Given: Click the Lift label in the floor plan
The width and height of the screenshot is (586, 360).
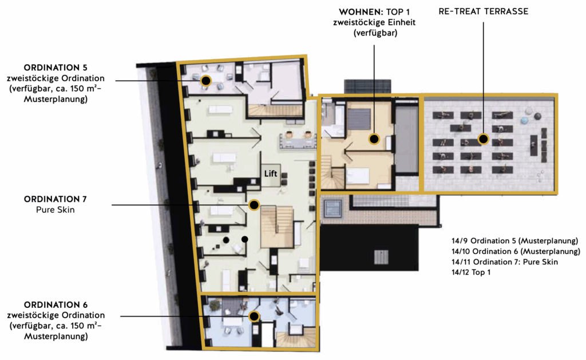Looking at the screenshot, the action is (271, 174).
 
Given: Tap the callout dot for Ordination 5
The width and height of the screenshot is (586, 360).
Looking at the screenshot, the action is (205, 80).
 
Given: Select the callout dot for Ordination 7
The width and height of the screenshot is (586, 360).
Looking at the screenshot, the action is (254, 205).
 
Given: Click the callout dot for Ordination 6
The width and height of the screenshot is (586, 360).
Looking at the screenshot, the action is (254, 317).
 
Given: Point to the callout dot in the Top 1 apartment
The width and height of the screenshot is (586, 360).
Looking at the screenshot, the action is (374, 139).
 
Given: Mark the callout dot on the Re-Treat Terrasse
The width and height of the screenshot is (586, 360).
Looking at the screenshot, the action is (483, 139).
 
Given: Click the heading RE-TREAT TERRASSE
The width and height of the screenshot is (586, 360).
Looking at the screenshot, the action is (484, 11).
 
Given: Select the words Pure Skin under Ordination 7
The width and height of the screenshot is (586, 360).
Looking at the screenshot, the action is (56, 209).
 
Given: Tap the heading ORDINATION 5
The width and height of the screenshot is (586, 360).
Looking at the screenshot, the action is (56, 68).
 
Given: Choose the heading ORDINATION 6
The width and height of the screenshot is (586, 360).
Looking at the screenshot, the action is (56, 304).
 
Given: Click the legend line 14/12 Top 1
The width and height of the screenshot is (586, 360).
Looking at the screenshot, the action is (471, 272).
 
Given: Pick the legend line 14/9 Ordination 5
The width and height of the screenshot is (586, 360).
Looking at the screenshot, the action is (514, 241).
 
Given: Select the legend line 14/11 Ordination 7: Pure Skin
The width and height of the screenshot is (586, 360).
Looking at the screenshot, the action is (505, 262).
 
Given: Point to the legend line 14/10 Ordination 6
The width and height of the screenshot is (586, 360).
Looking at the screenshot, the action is (516, 251).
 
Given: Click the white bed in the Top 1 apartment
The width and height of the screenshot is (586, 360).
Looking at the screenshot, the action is (358, 176).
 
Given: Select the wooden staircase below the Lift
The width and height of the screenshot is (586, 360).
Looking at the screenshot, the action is (277, 227).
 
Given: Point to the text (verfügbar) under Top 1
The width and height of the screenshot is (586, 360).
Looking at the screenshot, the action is (375, 33).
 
